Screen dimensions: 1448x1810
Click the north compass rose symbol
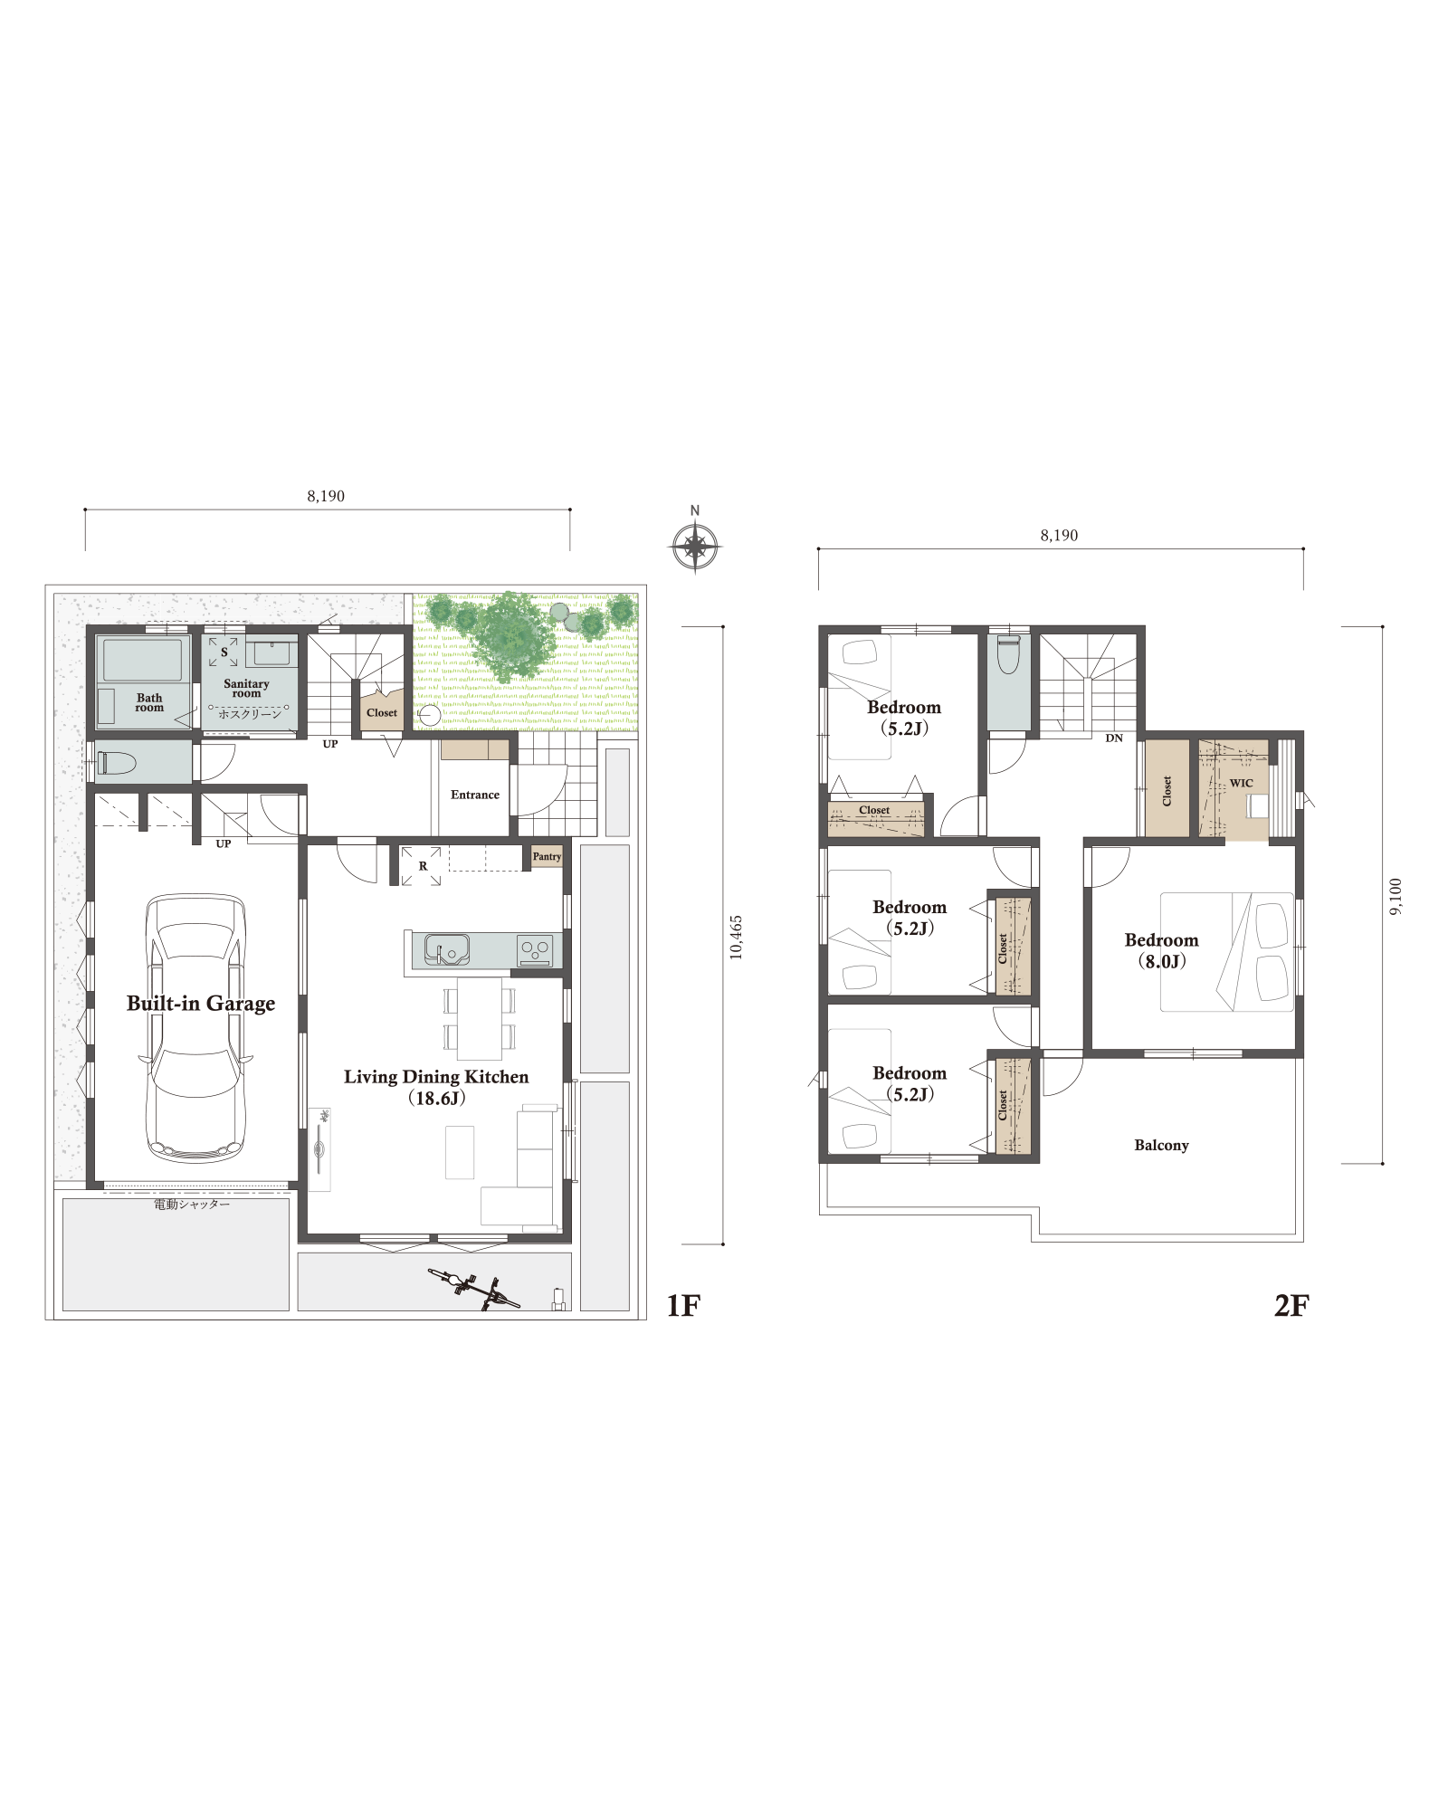point(694,547)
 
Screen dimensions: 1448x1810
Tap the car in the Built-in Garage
point(195,1029)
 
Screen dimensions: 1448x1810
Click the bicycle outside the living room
point(474,1289)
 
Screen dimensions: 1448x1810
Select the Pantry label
point(547,856)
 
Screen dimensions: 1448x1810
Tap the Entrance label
point(475,795)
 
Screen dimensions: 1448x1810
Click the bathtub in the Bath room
point(142,660)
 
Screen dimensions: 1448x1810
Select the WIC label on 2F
point(1242,783)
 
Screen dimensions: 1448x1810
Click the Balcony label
point(1161,1145)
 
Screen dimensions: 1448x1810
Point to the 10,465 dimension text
point(736,937)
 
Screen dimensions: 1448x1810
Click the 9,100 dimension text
point(1396,896)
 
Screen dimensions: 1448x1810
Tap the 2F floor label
point(1291,1305)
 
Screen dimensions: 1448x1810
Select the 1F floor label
point(683,1305)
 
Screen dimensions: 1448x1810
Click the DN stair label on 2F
point(1114,738)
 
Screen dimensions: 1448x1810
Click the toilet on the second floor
point(1008,653)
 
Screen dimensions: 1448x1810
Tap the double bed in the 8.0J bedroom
point(1227,952)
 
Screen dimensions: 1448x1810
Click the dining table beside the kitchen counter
point(479,1018)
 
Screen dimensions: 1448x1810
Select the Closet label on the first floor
point(382,712)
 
